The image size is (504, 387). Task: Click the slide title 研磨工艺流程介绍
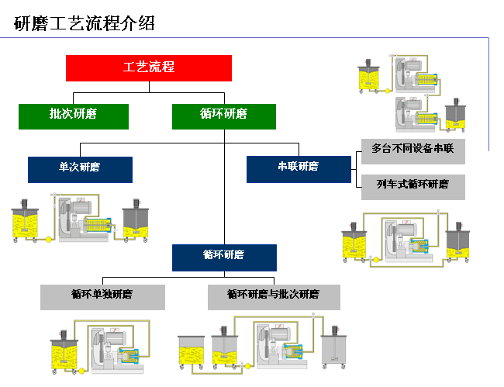click(x=85, y=23)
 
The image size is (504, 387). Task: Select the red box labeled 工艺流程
click(x=149, y=67)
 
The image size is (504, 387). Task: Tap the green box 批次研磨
click(x=74, y=116)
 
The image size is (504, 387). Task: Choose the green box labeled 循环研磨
click(x=223, y=116)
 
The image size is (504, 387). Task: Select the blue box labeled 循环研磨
click(x=223, y=257)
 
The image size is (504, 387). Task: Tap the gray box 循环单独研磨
click(x=102, y=297)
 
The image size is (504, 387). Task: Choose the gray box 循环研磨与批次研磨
click(x=274, y=297)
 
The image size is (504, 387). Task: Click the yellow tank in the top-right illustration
click(x=368, y=77)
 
